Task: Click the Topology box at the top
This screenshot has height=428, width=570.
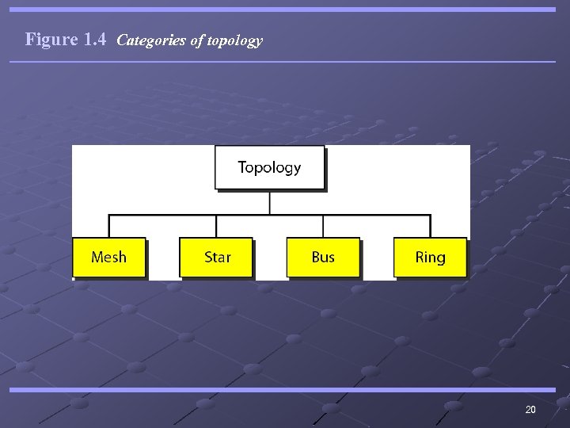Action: pyautogui.click(x=269, y=167)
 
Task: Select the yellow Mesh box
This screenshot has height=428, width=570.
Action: pyautogui.click(x=108, y=258)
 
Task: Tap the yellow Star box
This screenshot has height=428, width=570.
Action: pyautogui.click(x=216, y=258)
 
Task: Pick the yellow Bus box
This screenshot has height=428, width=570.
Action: pyautogui.click(x=323, y=258)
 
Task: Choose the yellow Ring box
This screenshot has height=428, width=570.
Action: pyautogui.click(x=430, y=258)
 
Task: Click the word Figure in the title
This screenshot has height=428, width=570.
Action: pyautogui.click(x=51, y=39)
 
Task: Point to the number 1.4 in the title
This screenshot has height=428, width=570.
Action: pyautogui.click(x=94, y=39)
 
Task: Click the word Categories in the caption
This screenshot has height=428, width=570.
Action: pyautogui.click(x=151, y=40)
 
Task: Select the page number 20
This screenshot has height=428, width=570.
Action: pyautogui.click(x=530, y=410)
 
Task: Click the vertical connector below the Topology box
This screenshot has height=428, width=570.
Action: pyautogui.click(x=270, y=202)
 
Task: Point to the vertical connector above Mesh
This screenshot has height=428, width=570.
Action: pyautogui.click(x=109, y=226)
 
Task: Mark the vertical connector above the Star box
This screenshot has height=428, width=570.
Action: pyautogui.click(x=216, y=226)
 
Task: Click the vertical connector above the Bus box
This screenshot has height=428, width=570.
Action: pyautogui.click(x=324, y=226)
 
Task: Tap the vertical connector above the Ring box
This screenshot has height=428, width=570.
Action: pyautogui.click(x=431, y=226)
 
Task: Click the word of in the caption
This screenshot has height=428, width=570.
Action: pyautogui.click(x=197, y=40)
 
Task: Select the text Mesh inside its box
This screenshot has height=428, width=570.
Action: pyautogui.click(x=108, y=258)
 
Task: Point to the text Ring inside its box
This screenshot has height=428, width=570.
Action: pyautogui.click(x=430, y=258)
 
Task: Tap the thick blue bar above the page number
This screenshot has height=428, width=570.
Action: pyautogui.click(x=285, y=390)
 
